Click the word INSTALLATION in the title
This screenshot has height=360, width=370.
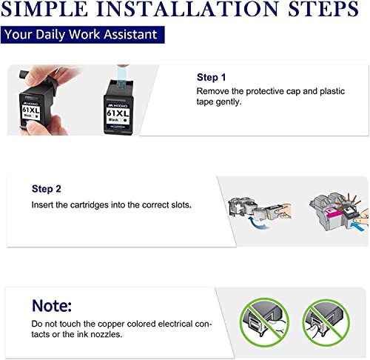187,9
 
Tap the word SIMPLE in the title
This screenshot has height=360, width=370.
44,9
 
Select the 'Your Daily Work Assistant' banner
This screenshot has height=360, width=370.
82,35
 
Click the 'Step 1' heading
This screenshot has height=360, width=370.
211,77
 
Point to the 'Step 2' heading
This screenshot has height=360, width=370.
47,189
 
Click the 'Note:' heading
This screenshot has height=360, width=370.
52,306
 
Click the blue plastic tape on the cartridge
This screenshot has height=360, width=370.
122,76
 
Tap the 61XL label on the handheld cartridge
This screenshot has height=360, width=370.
30,110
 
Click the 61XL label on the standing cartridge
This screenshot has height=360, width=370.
118,113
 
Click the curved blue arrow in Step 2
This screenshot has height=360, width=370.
257,223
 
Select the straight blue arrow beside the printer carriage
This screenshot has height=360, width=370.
357,226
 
